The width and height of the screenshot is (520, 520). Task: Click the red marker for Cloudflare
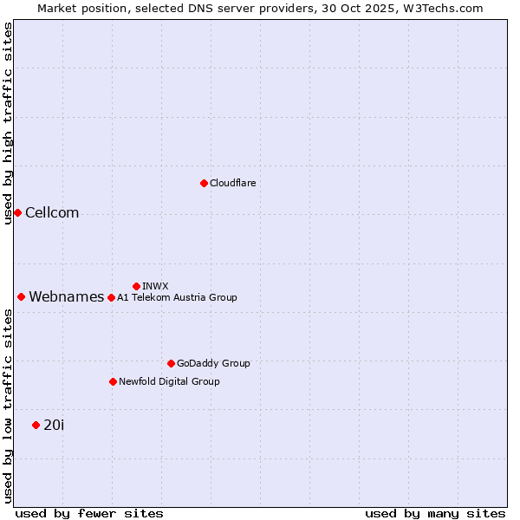point(204,183)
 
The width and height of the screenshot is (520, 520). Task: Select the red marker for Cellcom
point(17,212)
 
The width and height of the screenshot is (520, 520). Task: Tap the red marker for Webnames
point(21,296)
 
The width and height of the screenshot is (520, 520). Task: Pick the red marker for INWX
point(136,286)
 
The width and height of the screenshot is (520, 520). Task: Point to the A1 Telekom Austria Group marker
point(111,297)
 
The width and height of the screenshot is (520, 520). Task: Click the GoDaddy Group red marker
point(171,363)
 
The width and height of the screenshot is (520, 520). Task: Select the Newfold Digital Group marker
point(113,381)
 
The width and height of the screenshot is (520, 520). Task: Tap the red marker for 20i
point(36,425)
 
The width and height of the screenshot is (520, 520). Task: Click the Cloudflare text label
point(232,183)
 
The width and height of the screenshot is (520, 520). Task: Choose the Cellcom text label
point(52,213)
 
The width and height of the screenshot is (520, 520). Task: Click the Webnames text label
point(66,297)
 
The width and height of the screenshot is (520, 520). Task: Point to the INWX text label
point(155,286)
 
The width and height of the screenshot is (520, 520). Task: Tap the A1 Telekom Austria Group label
point(177,297)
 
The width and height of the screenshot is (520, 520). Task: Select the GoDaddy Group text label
point(213,363)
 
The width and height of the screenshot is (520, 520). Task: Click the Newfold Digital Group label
point(169,381)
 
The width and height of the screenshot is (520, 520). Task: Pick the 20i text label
point(54,425)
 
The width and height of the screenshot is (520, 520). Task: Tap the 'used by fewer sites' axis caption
point(89,513)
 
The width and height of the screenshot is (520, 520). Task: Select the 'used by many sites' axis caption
point(435,513)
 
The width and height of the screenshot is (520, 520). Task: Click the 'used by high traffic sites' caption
point(8,123)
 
